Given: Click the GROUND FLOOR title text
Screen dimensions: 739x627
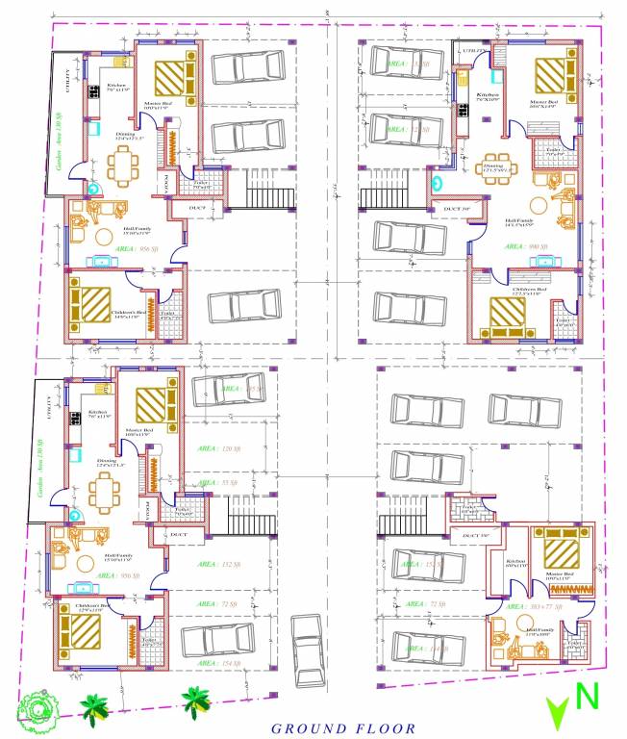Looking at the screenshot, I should click(x=342, y=728).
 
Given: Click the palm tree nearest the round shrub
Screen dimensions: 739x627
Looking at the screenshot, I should click(x=93, y=710).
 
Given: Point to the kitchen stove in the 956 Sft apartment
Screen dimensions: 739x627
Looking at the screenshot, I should click(x=95, y=93).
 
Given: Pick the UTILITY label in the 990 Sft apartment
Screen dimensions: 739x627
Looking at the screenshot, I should click(x=472, y=48).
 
